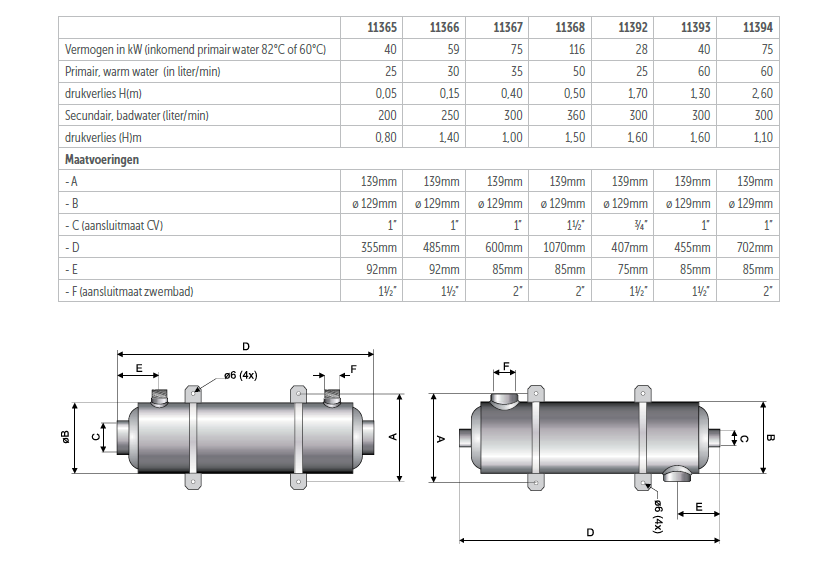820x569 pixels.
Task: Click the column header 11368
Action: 570,27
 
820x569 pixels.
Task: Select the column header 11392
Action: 633,27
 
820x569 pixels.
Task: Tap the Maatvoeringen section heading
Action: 102,160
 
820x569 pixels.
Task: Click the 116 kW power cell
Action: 577,49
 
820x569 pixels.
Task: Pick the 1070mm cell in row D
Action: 564,247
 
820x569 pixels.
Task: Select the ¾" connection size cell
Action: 641,225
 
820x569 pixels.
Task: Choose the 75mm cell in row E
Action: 633,269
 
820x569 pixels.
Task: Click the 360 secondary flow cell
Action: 576,115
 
